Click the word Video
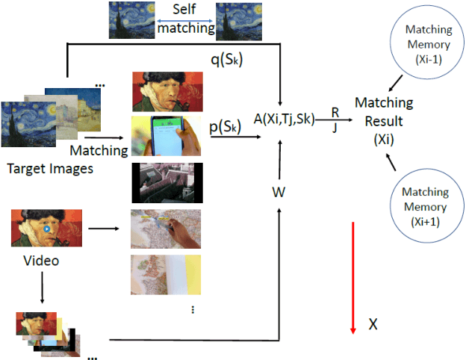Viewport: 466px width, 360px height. [x=41, y=261]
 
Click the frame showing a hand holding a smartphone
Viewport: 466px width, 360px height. [x=165, y=134]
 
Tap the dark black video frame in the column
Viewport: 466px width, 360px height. [x=165, y=182]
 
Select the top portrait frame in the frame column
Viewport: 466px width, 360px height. [x=165, y=90]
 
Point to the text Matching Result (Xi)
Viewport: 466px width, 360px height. [x=379, y=120]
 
